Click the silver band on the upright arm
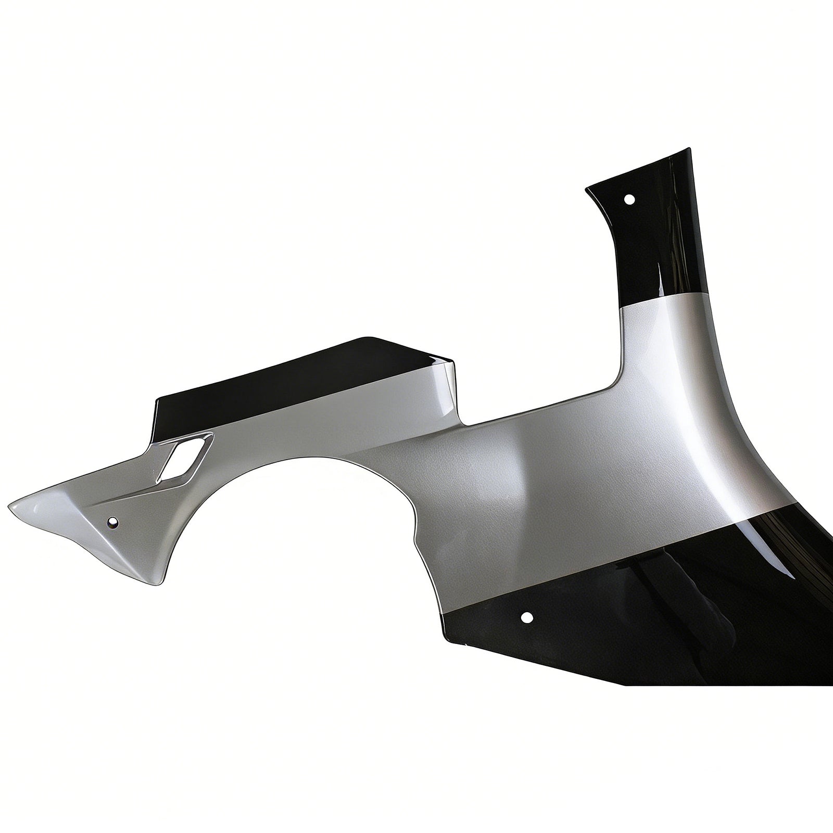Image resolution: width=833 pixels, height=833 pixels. pos(661,333)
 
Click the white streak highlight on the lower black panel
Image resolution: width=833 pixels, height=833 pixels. pos(771,562)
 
